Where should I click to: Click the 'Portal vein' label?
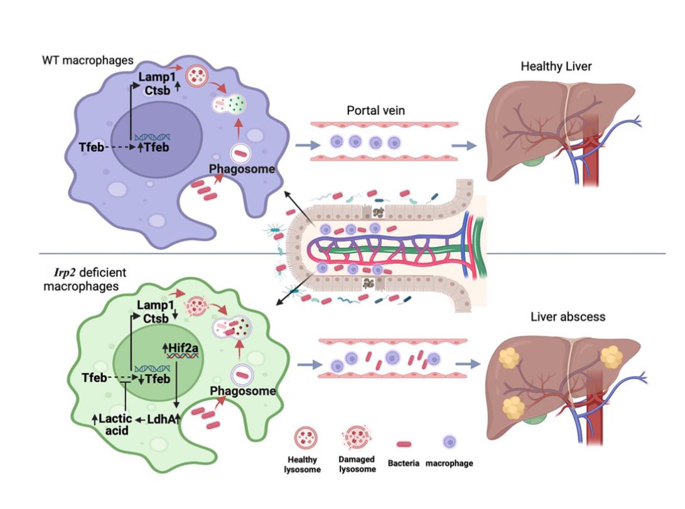[376, 111]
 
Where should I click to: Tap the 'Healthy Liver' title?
[556, 66]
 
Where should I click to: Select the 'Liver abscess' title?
[568, 316]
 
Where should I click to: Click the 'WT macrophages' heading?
[87, 60]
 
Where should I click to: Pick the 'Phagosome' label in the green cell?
[243, 391]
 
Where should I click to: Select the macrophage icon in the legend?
[449, 442]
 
